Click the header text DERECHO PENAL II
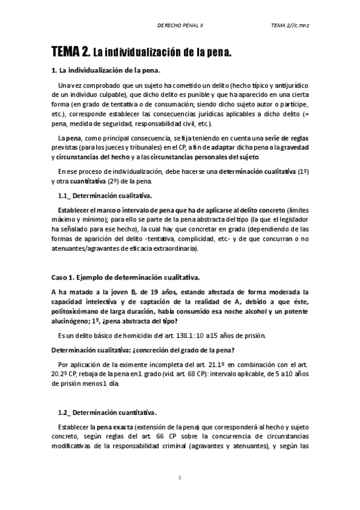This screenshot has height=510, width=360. pyautogui.click(x=179, y=26)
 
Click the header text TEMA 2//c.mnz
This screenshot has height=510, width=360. pyautogui.click(x=289, y=26)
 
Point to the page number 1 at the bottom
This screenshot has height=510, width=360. pyautogui.click(x=180, y=477)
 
